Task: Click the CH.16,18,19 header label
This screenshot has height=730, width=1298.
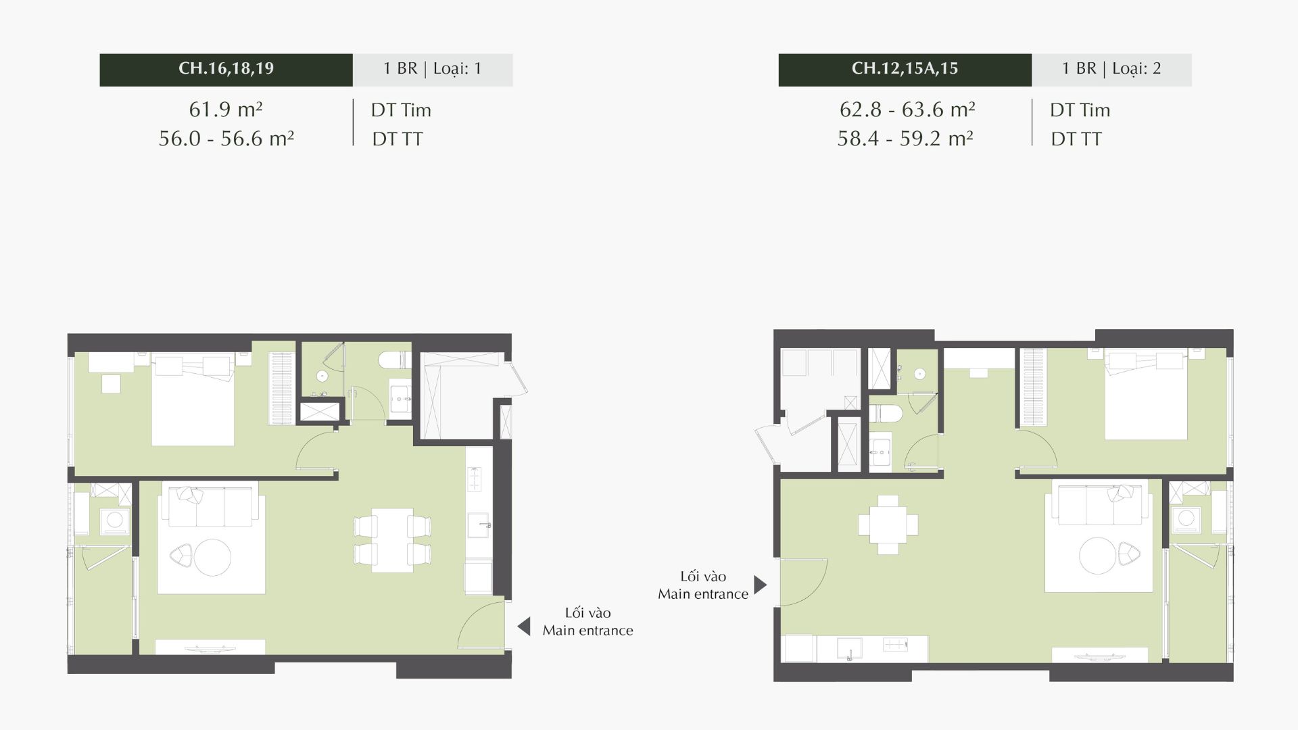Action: tap(226, 69)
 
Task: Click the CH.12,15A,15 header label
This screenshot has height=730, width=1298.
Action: tap(905, 69)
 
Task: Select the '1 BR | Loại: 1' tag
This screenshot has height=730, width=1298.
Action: tap(433, 69)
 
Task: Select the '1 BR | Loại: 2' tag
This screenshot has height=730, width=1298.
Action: tap(1111, 69)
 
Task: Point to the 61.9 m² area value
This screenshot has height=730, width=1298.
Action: tap(226, 109)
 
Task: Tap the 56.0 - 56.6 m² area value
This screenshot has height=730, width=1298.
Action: tap(226, 139)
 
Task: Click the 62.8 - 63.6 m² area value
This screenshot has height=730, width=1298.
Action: tap(907, 109)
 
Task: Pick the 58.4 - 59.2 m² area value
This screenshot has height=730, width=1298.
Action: tap(905, 139)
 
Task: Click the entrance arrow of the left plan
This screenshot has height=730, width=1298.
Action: tap(523, 627)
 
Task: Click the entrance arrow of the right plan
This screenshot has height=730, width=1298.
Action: tap(761, 585)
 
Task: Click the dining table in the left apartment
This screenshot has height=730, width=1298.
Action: tap(392, 541)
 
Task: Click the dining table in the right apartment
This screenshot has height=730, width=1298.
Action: tap(888, 525)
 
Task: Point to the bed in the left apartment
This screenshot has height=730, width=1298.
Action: tap(193, 399)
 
